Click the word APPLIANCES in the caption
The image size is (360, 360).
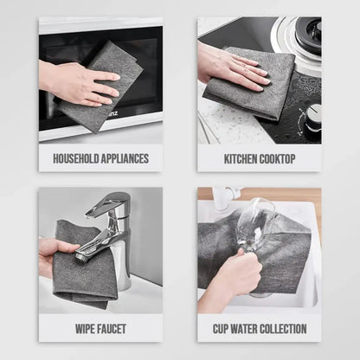tap(125, 158)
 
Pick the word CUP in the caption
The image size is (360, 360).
tap(222, 329)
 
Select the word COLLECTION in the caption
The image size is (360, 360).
tap(287, 329)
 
